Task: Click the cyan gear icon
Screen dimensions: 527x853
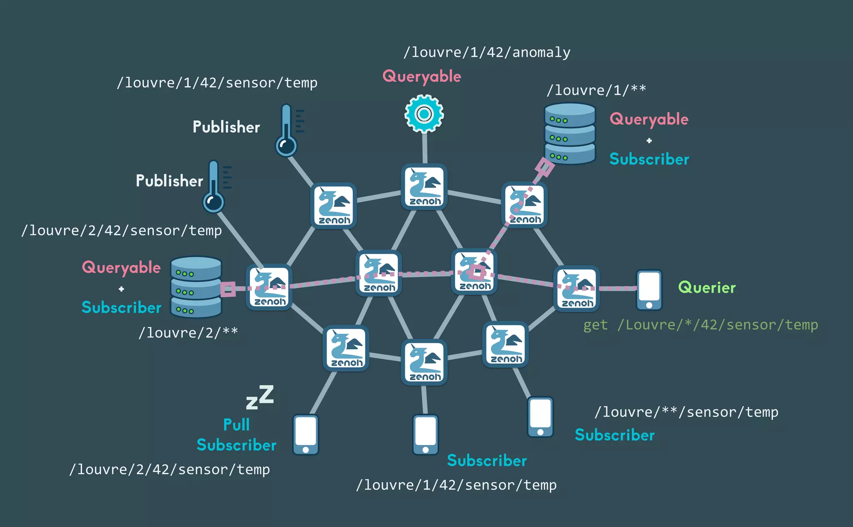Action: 424,114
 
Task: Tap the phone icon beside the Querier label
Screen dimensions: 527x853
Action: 649,290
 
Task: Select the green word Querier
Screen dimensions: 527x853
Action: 707,288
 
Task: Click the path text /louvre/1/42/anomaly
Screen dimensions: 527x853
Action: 487,52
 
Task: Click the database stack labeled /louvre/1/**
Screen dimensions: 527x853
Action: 570,134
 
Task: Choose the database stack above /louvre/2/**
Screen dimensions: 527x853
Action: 196,287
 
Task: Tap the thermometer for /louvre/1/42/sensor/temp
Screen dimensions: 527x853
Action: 287,130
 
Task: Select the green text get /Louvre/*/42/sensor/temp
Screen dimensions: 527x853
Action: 701,325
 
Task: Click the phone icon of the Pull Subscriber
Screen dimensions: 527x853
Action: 306,434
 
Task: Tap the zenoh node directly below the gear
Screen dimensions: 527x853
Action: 424,186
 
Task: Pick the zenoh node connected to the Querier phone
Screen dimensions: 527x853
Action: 576,288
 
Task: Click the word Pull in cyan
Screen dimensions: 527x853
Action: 236,425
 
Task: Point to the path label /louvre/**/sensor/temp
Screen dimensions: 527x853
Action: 686,412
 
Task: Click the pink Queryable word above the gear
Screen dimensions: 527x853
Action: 422,77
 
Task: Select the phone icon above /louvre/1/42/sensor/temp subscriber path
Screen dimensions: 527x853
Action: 425,434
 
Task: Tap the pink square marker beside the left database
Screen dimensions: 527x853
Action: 228,289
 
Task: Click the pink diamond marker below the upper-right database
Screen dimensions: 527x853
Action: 544,167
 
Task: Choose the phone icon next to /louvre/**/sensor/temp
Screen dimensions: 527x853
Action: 540,417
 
